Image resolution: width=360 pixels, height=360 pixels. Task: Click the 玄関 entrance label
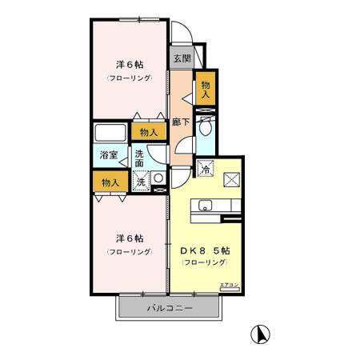pyautogui.click(x=182, y=58)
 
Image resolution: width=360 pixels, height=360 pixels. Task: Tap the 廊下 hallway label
pyautogui.click(x=181, y=122)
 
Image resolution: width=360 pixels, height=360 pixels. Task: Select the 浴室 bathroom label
pyautogui.click(x=109, y=155)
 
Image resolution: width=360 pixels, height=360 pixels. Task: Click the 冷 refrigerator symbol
pyautogui.click(x=206, y=170)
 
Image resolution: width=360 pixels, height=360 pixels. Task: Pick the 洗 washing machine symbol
pyautogui.click(x=141, y=182)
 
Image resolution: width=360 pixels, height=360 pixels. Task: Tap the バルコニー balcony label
pyautogui.click(x=169, y=307)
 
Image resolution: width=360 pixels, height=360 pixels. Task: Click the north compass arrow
pyautogui.click(x=261, y=333)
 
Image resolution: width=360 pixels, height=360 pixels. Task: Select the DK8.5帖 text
pyautogui.click(x=206, y=250)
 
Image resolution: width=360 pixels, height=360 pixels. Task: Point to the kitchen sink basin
pyautogui.click(x=203, y=206)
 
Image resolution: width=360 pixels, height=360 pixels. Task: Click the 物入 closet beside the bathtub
pyautogui.click(x=148, y=132)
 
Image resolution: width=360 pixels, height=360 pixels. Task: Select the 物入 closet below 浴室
pyautogui.click(x=110, y=183)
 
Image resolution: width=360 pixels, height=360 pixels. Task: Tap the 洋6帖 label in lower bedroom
pyautogui.click(x=128, y=238)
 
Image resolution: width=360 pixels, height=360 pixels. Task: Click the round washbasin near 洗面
pyautogui.click(x=158, y=178)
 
